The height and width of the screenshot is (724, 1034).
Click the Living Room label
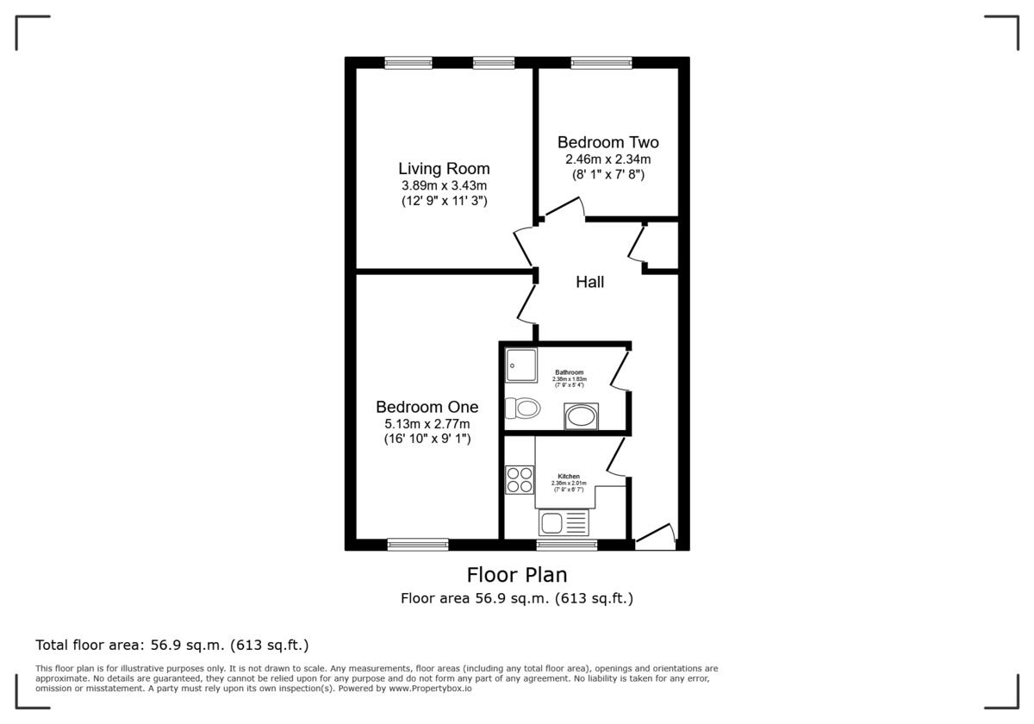pyautogui.click(x=444, y=169)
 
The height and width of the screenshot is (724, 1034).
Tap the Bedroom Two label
pyautogui.click(x=607, y=142)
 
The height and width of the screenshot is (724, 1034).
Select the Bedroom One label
pyautogui.click(x=427, y=407)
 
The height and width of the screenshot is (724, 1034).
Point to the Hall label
pyautogui.click(x=590, y=282)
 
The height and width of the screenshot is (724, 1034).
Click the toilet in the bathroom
pyautogui.click(x=523, y=408)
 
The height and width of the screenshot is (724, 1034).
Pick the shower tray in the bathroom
pyautogui.click(x=520, y=365)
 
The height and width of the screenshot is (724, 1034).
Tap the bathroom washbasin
pyautogui.click(x=579, y=415)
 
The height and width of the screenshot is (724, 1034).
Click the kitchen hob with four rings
pyautogui.click(x=520, y=479)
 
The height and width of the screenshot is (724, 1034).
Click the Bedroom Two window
pyautogui.click(x=601, y=63)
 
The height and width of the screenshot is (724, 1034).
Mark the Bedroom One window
pyautogui.click(x=418, y=544)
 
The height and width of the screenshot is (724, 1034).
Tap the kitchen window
pyautogui.click(x=566, y=544)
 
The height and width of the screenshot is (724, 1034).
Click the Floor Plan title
pyautogui.click(x=517, y=574)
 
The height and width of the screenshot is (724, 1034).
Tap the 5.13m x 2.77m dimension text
pyautogui.click(x=427, y=423)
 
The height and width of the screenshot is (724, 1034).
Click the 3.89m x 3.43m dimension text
pyautogui.click(x=444, y=185)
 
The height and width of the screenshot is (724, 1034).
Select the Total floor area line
pyautogui.click(x=171, y=645)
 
